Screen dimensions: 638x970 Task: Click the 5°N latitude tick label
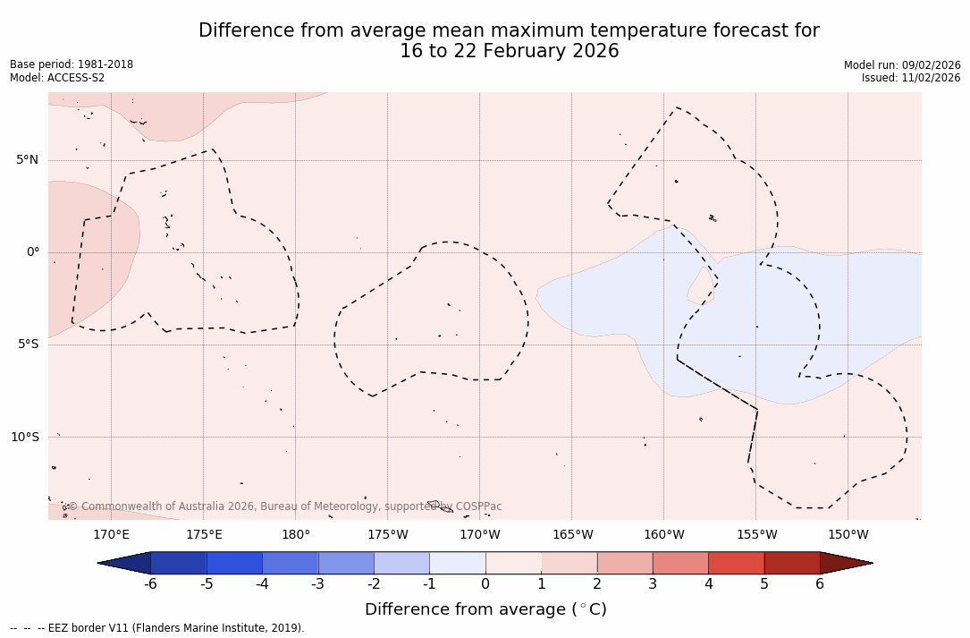(x=27, y=160)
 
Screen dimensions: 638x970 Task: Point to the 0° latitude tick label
(x=33, y=252)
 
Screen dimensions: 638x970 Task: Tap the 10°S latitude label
(x=25, y=438)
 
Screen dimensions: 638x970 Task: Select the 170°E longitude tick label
(x=111, y=535)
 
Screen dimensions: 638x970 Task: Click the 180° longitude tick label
(x=296, y=535)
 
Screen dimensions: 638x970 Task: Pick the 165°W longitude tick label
(x=572, y=535)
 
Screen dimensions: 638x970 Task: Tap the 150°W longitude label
(x=848, y=535)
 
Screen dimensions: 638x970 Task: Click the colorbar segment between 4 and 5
(x=736, y=563)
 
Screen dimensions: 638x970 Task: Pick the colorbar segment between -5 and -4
(x=234, y=563)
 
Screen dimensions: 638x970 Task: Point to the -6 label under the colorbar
(x=150, y=584)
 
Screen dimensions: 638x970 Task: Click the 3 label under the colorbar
(x=653, y=584)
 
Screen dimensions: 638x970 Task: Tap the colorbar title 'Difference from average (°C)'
(x=485, y=609)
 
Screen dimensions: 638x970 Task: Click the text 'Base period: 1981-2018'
(x=72, y=64)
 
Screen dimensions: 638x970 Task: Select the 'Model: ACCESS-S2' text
(x=57, y=78)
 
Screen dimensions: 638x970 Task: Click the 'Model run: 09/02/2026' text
(x=902, y=65)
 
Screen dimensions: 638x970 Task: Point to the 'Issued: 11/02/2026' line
(x=911, y=78)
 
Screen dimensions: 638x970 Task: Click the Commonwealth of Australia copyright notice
(x=285, y=506)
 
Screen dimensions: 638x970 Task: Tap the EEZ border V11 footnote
(x=157, y=628)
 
